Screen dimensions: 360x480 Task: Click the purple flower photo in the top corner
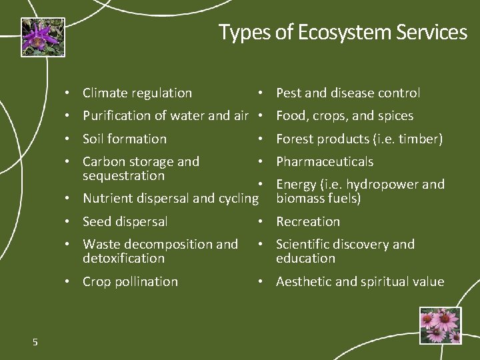coord(43,37)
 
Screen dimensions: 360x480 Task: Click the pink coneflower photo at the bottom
coord(440,325)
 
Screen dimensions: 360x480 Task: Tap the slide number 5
coord(35,342)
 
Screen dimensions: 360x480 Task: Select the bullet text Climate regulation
coord(137,93)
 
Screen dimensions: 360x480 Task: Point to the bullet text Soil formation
coord(124,139)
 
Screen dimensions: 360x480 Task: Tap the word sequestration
coord(123,176)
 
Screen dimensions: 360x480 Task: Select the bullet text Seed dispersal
coord(125,222)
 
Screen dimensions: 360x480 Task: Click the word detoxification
coord(123,259)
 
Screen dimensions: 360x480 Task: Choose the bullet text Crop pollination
coord(130,282)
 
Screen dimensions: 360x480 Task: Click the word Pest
coord(289,93)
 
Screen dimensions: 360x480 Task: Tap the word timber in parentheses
coord(418,139)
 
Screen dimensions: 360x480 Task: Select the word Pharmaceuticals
coord(325,162)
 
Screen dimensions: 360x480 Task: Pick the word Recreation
coord(308,222)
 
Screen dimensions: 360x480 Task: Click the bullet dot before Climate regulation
coord(67,94)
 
